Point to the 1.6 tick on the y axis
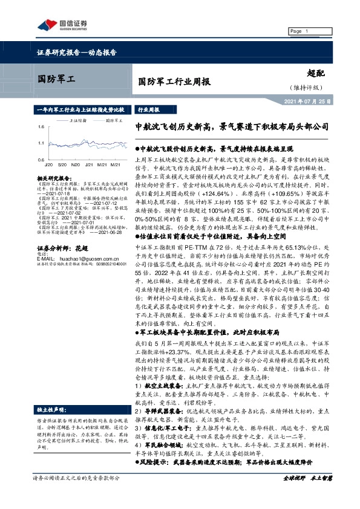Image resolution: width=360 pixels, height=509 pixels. click(39, 128)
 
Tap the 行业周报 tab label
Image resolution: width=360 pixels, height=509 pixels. click(149, 111)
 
